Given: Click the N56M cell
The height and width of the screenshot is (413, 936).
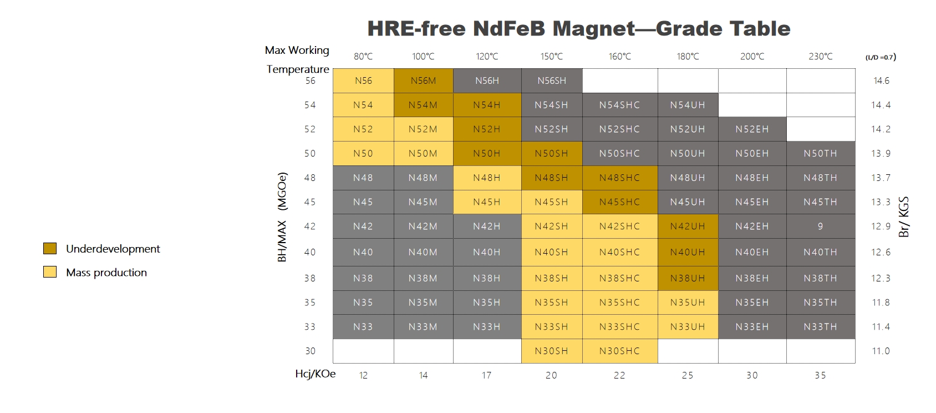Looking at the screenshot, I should tap(423, 81).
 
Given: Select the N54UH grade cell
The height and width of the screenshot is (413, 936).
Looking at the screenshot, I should tap(688, 105).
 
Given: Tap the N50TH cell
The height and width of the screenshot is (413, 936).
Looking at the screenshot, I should tap(820, 154).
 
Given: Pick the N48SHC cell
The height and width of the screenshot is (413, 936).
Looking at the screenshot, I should tap(619, 178).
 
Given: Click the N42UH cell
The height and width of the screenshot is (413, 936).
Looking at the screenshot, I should tap(688, 226).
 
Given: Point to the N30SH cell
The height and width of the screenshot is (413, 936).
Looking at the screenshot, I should tap(551, 351).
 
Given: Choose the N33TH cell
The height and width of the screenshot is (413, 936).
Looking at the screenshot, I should tap(820, 327).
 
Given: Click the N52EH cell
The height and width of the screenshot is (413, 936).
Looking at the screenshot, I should tap(752, 129).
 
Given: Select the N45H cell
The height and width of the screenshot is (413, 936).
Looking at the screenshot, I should tap(486, 202).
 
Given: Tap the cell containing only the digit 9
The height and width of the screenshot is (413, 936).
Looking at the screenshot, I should tap(820, 226).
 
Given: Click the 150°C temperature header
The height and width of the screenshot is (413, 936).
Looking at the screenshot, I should tap(552, 57).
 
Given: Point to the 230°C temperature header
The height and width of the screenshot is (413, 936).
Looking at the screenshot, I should tap(820, 57).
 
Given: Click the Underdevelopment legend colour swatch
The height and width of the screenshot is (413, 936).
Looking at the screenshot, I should tap(50, 249).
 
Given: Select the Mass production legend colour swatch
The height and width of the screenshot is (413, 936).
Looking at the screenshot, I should tap(50, 272).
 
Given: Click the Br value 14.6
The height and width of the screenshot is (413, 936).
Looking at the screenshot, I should tap(881, 81).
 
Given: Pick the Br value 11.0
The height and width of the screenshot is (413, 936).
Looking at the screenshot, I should tap(881, 351).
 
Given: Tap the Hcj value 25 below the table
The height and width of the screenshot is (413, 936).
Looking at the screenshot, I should tap(688, 376).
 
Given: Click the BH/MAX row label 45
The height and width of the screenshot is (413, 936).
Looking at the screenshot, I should tap(310, 202).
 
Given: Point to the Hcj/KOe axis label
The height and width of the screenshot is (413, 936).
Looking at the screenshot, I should tap(315, 374).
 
